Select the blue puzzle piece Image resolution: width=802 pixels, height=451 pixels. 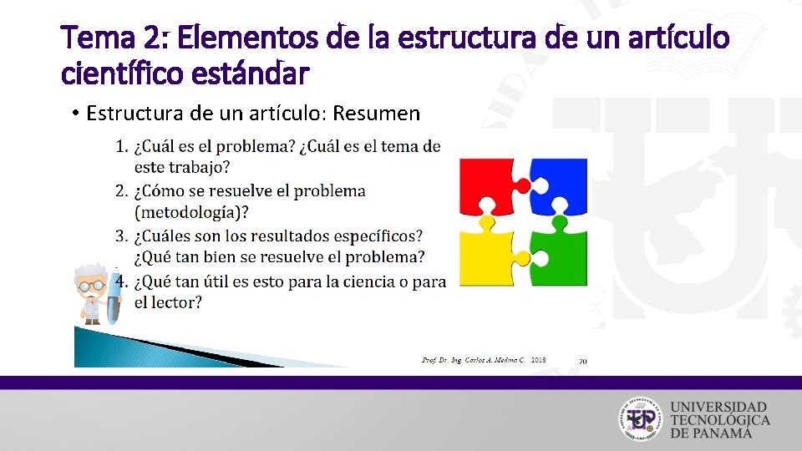(558, 185)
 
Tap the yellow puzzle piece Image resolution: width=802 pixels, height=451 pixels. (490, 255)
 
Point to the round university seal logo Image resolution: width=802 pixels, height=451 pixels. (641, 417)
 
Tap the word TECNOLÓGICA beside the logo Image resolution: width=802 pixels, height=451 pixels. (719, 418)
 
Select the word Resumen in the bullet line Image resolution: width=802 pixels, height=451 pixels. (379, 113)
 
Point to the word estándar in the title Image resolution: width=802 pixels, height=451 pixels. (251, 73)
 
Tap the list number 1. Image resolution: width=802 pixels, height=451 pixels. (120, 147)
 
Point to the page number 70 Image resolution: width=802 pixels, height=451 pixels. (582, 361)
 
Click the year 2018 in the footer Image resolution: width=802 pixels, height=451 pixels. (539, 360)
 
